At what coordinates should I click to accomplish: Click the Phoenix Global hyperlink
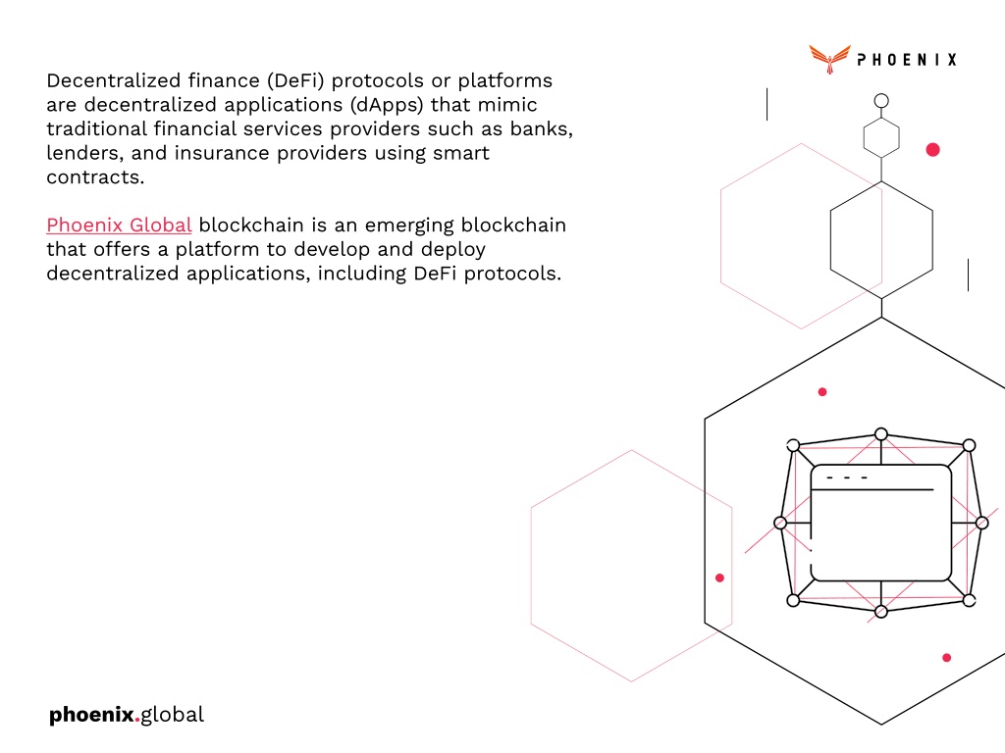point(119,225)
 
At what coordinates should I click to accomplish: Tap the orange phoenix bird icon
point(829,59)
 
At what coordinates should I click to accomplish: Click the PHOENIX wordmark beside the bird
point(907,60)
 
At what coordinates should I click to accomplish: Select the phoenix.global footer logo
point(127,715)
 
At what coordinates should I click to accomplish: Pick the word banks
point(541,128)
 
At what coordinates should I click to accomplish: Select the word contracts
point(95,177)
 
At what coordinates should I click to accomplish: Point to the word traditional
point(97,128)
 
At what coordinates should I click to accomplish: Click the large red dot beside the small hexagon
point(932,150)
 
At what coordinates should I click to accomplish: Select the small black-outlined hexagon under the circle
point(881,137)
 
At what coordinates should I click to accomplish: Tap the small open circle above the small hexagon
point(881,101)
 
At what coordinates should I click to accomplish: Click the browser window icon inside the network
point(880,523)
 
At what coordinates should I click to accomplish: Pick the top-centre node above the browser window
point(881,434)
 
